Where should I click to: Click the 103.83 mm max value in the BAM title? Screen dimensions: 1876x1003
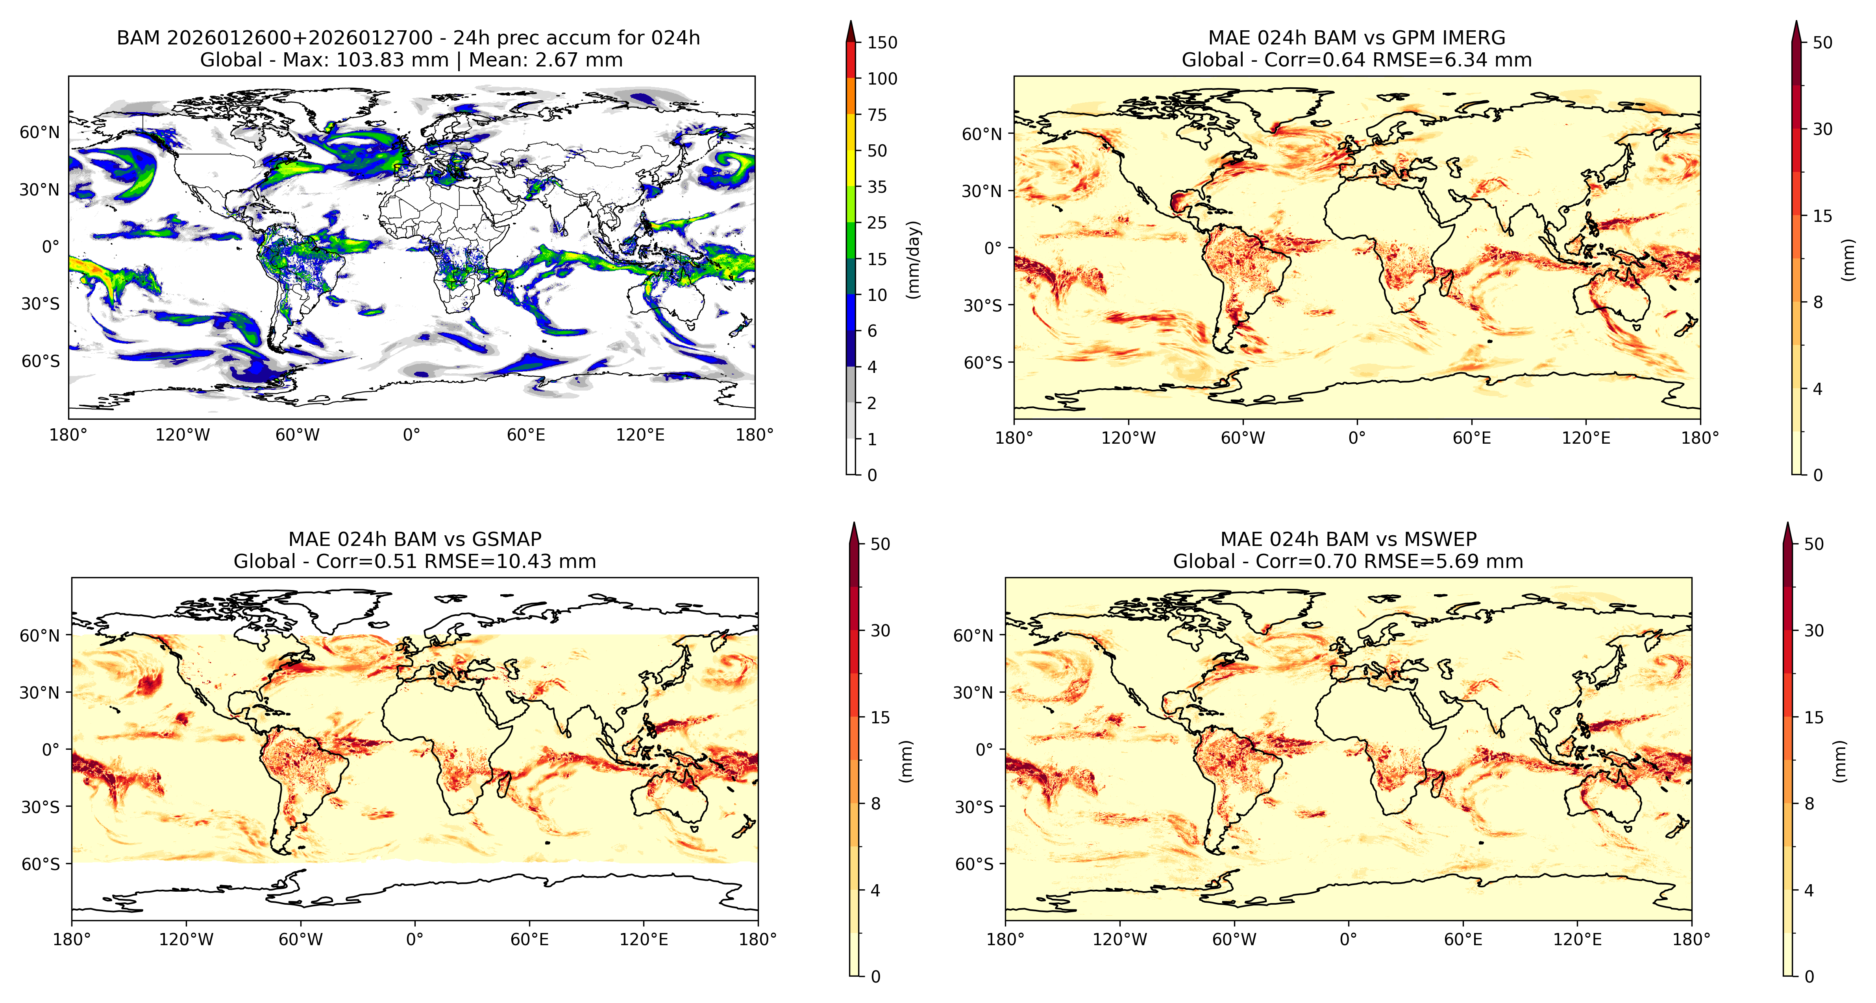click(393, 60)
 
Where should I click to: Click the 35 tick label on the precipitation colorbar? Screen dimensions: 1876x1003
click(877, 187)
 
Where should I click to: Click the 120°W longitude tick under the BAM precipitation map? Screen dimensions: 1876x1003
click(183, 435)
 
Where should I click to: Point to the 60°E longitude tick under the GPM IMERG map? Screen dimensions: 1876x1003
click(1472, 438)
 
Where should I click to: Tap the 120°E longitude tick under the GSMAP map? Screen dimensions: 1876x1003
click(644, 940)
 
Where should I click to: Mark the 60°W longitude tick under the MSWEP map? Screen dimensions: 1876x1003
click(1234, 940)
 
